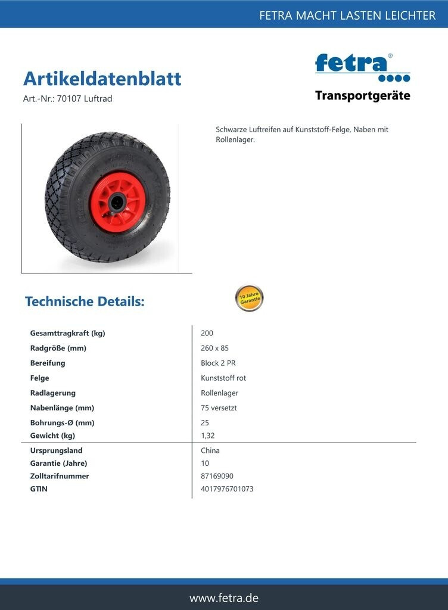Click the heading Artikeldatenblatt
[102, 79]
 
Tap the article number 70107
[69, 99]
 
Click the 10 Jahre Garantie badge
[249, 298]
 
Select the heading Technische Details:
[85, 301]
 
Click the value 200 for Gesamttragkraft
[207, 333]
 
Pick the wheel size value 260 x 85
[214, 348]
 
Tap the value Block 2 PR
[218, 363]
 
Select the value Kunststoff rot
[223, 378]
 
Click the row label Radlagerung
[53, 393]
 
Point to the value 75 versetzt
[220, 408]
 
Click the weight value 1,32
[208, 435]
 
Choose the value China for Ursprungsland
[210, 450]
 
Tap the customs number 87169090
[217, 476]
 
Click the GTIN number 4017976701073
[227, 489]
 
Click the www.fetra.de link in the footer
[224, 598]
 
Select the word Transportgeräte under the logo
[362, 96]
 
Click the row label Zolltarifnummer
[60, 476]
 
